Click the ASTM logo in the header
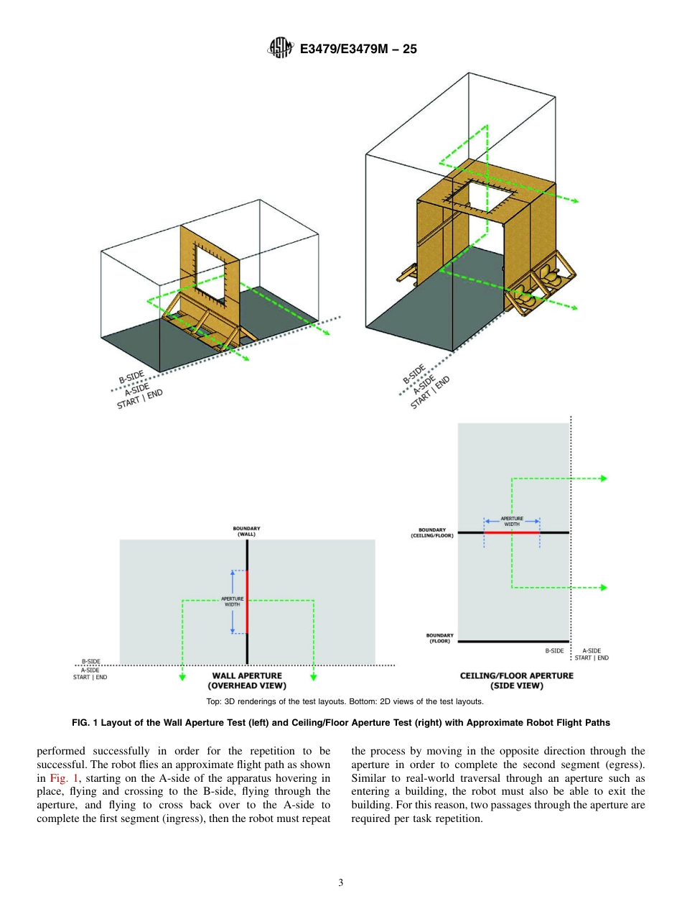point(279,48)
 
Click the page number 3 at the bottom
point(340,883)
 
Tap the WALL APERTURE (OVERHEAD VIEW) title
point(247,680)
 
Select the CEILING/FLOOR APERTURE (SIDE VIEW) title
point(516,680)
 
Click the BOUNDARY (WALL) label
point(246,532)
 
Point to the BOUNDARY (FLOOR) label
point(439,638)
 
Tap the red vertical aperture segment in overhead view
point(247,602)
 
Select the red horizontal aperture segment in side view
point(512,532)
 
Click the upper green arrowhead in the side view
point(604,479)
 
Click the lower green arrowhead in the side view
point(604,588)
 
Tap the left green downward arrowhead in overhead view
point(182,676)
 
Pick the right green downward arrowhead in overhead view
point(314,676)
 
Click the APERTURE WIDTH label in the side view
point(511,521)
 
